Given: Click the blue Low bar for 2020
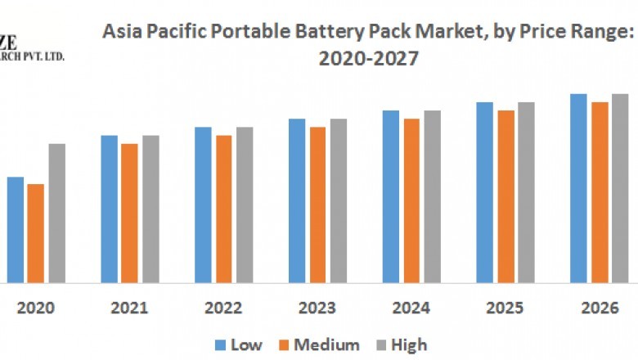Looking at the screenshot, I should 16,229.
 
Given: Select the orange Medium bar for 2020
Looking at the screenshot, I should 35,233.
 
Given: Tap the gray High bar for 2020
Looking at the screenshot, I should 56,213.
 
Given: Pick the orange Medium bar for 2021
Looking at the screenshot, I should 129,213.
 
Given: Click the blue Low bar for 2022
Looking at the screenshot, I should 203,205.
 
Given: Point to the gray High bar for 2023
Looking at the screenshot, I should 339,200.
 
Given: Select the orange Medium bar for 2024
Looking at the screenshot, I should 411,200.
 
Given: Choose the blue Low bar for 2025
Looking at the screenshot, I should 485,192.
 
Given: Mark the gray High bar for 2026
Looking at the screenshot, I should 620,188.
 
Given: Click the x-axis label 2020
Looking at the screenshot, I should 35,308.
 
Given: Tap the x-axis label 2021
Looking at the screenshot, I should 129,308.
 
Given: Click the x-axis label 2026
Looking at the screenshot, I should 600,308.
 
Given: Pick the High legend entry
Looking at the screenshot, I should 402,344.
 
